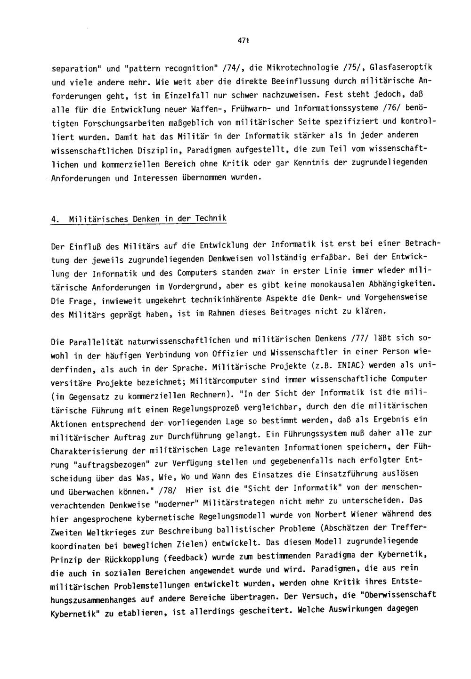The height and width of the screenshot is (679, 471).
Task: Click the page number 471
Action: (x=243, y=41)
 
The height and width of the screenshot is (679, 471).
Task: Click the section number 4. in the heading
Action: (x=55, y=219)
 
